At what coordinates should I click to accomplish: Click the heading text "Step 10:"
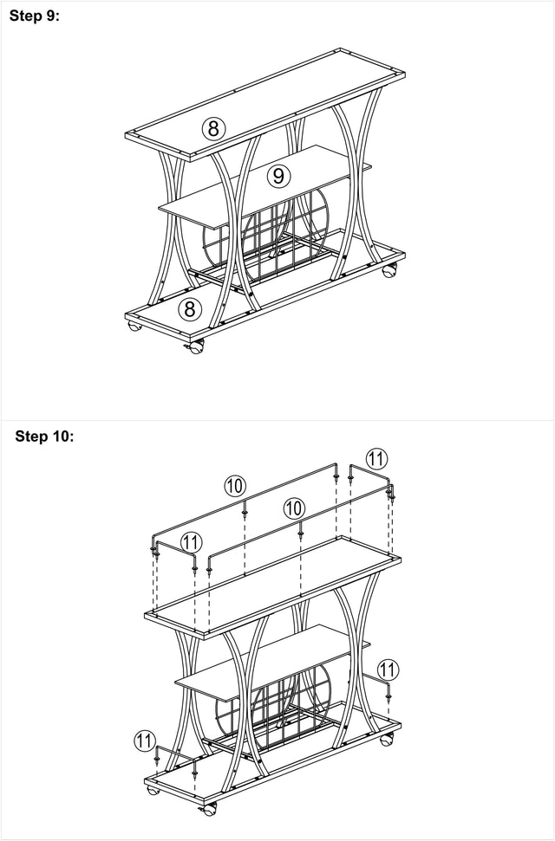click(x=45, y=437)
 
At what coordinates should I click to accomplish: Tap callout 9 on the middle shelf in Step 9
click(x=277, y=176)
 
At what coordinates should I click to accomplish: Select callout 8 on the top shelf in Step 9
click(x=214, y=129)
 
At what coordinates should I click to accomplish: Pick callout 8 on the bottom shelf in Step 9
click(x=190, y=308)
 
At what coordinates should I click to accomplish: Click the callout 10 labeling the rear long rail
click(x=235, y=486)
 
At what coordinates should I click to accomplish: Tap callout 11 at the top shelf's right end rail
click(x=376, y=458)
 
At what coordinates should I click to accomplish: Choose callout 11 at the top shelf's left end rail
click(x=191, y=543)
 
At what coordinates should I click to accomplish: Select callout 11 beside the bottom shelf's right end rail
click(x=388, y=670)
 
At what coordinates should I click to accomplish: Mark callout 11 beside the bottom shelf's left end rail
click(x=146, y=741)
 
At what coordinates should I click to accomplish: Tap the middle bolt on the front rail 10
click(x=300, y=535)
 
